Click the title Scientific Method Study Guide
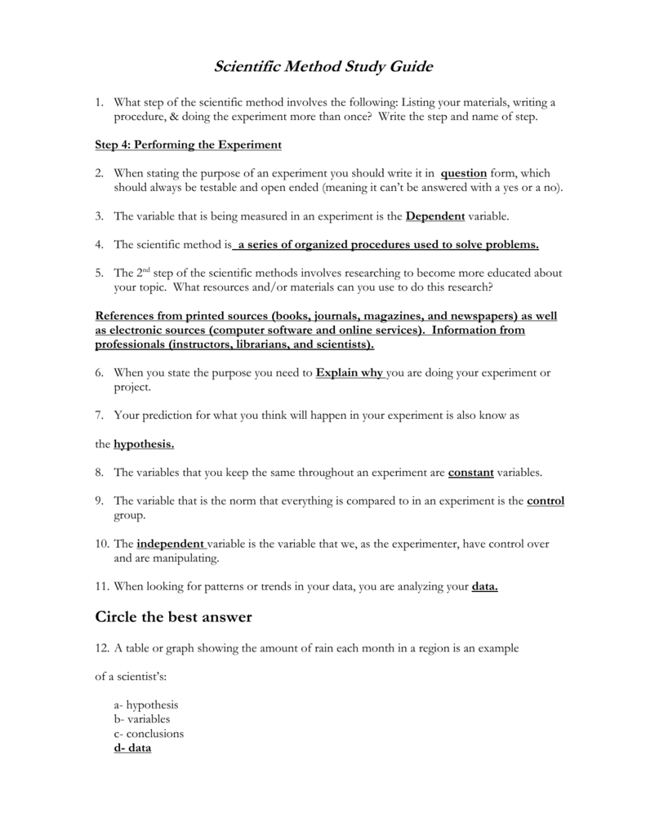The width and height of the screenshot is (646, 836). [x=323, y=66]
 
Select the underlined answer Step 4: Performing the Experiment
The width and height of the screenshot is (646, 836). [x=188, y=145]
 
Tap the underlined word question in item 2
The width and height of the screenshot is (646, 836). [x=463, y=173]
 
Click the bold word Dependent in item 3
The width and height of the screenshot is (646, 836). [x=434, y=216]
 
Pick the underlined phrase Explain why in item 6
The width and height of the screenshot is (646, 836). [x=349, y=372]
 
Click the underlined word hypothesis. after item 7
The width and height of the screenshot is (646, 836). [x=144, y=443]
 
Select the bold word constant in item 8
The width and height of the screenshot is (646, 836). [x=471, y=472]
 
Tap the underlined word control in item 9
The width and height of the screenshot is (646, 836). [x=546, y=500]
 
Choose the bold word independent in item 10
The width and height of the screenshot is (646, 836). [x=171, y=543]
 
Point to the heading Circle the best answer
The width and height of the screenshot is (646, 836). [x=174, y=617]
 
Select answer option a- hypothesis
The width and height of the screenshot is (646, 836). [x=146, y=705]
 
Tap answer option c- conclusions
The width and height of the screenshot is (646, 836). [x=149, y=733]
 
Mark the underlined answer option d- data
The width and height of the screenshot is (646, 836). [x=132, y=748]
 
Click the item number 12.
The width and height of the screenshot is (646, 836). [x=102, y=647]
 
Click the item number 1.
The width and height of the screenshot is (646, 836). [x=99, y=102]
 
